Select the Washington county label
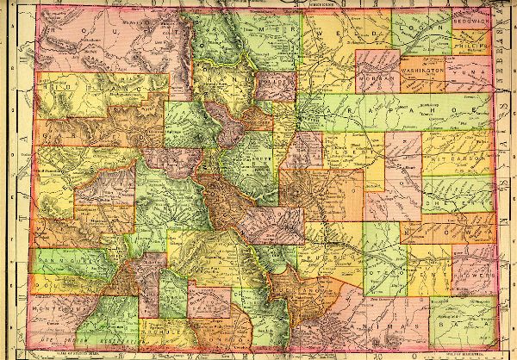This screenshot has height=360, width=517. [420, 64]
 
